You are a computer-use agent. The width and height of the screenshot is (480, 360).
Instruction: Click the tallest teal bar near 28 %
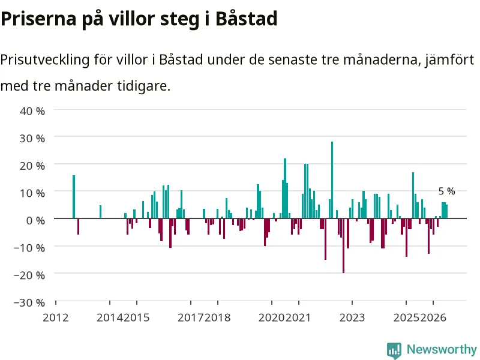click(332, 180)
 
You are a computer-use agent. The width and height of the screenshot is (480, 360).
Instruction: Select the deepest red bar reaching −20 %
click(343, 245)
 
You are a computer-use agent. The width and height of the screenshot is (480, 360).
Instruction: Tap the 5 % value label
click(446, 191)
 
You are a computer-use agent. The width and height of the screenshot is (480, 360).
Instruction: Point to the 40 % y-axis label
click(32, 111)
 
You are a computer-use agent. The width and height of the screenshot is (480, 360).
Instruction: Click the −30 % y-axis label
click(29, 303)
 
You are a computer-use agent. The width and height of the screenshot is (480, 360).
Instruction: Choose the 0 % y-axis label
click(35, 220)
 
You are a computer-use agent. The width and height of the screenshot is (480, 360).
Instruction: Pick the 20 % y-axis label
click(32, 166)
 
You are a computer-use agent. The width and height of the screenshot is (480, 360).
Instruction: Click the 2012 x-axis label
click(56, 318)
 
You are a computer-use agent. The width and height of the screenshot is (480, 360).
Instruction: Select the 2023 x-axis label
click(352, 318)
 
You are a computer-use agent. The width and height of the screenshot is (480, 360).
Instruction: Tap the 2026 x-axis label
click(433, 318)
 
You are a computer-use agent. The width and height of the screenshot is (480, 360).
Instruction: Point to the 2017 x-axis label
click(190, 318)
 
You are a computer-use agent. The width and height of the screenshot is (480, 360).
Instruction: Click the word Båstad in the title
click(247, 19)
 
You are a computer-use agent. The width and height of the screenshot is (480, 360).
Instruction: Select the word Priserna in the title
click(38, 19)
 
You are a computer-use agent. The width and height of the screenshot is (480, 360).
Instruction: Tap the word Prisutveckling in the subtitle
click(44, 60)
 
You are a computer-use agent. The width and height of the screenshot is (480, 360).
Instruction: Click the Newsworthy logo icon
click(394, 350)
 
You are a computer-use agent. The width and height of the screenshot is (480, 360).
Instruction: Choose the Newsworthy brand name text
click(442, 349)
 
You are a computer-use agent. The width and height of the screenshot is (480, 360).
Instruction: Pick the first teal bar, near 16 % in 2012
click(74, 197)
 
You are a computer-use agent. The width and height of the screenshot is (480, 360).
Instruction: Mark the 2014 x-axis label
click(110, 318)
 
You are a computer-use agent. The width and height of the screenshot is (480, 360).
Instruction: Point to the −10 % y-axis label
click(29, 248)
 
